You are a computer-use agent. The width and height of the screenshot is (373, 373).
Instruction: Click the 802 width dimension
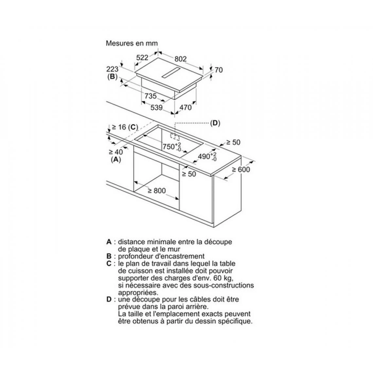coord(181,59)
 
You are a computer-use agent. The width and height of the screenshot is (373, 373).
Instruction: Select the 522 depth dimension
coord(142,58)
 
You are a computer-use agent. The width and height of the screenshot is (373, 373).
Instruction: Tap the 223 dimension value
coord(112,69)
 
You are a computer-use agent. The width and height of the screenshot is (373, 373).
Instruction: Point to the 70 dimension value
coord(219,70)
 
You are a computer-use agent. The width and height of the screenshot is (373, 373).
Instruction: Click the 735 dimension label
coord(151,96)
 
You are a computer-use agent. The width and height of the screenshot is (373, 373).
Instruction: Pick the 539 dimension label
coord(156,108)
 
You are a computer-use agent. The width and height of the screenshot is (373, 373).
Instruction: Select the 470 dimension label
coord(185,108)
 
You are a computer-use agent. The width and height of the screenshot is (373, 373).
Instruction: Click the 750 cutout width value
coord(169,147)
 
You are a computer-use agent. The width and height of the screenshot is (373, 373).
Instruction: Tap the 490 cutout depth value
coord(204,156)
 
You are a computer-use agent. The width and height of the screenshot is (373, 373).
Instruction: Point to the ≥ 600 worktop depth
coord(241,169)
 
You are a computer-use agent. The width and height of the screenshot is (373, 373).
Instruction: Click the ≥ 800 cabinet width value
coord(157,190)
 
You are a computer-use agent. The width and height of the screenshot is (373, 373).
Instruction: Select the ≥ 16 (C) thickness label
coord(125,127)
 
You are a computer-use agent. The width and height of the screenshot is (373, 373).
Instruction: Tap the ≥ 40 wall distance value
coord(116,152)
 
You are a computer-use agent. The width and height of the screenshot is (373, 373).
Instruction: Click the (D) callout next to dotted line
coord(215,123)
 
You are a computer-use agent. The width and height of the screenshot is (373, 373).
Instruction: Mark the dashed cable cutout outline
coord(175,137)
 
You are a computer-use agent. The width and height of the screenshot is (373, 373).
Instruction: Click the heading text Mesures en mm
coord(132,43)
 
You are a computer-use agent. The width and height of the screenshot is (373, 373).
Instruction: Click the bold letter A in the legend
coord(109,242)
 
